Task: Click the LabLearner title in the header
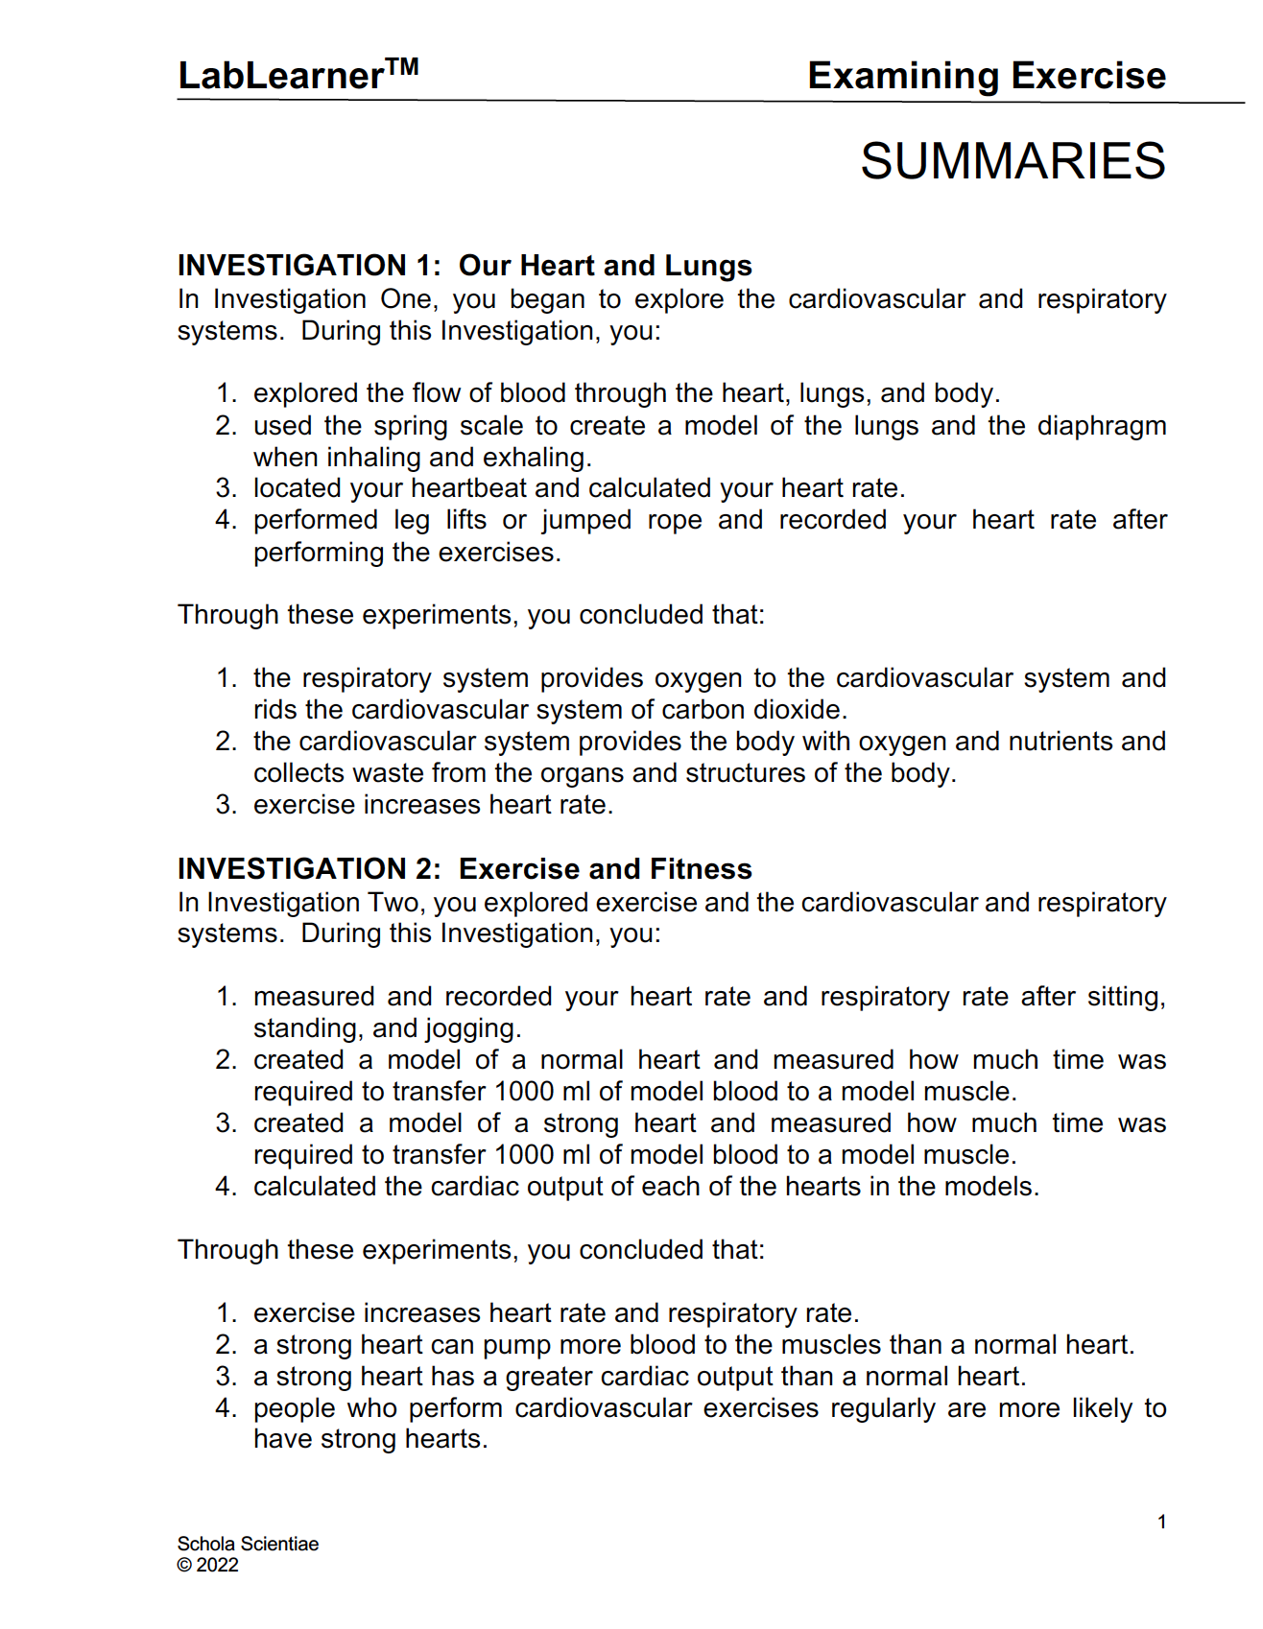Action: (x=280, y=76)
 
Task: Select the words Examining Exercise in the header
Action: (x=986, y=76)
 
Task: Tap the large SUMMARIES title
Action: (x=1013, y=161)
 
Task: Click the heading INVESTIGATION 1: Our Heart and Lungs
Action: (x=465, y=266)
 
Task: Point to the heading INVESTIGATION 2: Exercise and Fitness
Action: (x=465, y=869)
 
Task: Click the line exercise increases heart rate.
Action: (x=433, y=805)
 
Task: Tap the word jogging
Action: (x=469, y=1028)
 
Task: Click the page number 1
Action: (x=1161, y=1523)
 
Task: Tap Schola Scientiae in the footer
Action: (x=248, y=1544)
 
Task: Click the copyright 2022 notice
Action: (x=208, y=1565)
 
